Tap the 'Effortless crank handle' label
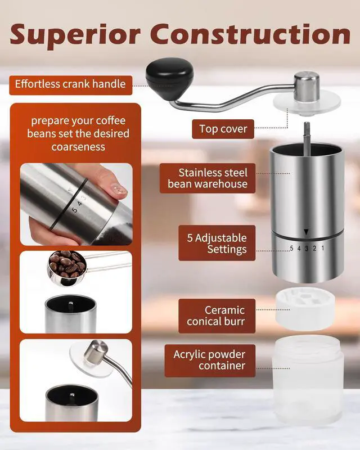click(x=71, y=85)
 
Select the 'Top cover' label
click(x=223, y=129)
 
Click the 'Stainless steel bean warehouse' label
click(x=208, y=178)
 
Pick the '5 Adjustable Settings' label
click(x=217, y=243)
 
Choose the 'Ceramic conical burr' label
click(x=217, y=316)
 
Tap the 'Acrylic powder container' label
click(x=210, y=361)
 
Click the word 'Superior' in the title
click(x=75, y=34)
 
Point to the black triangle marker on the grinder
click(x=307, y=232)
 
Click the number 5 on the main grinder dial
click(x=291, y=249)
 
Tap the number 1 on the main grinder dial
click(x=323, y=248)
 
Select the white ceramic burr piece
click(x=305, y=308)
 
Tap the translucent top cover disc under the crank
click(x=307, y=103)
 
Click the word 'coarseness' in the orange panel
click(x=78, y=147)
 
